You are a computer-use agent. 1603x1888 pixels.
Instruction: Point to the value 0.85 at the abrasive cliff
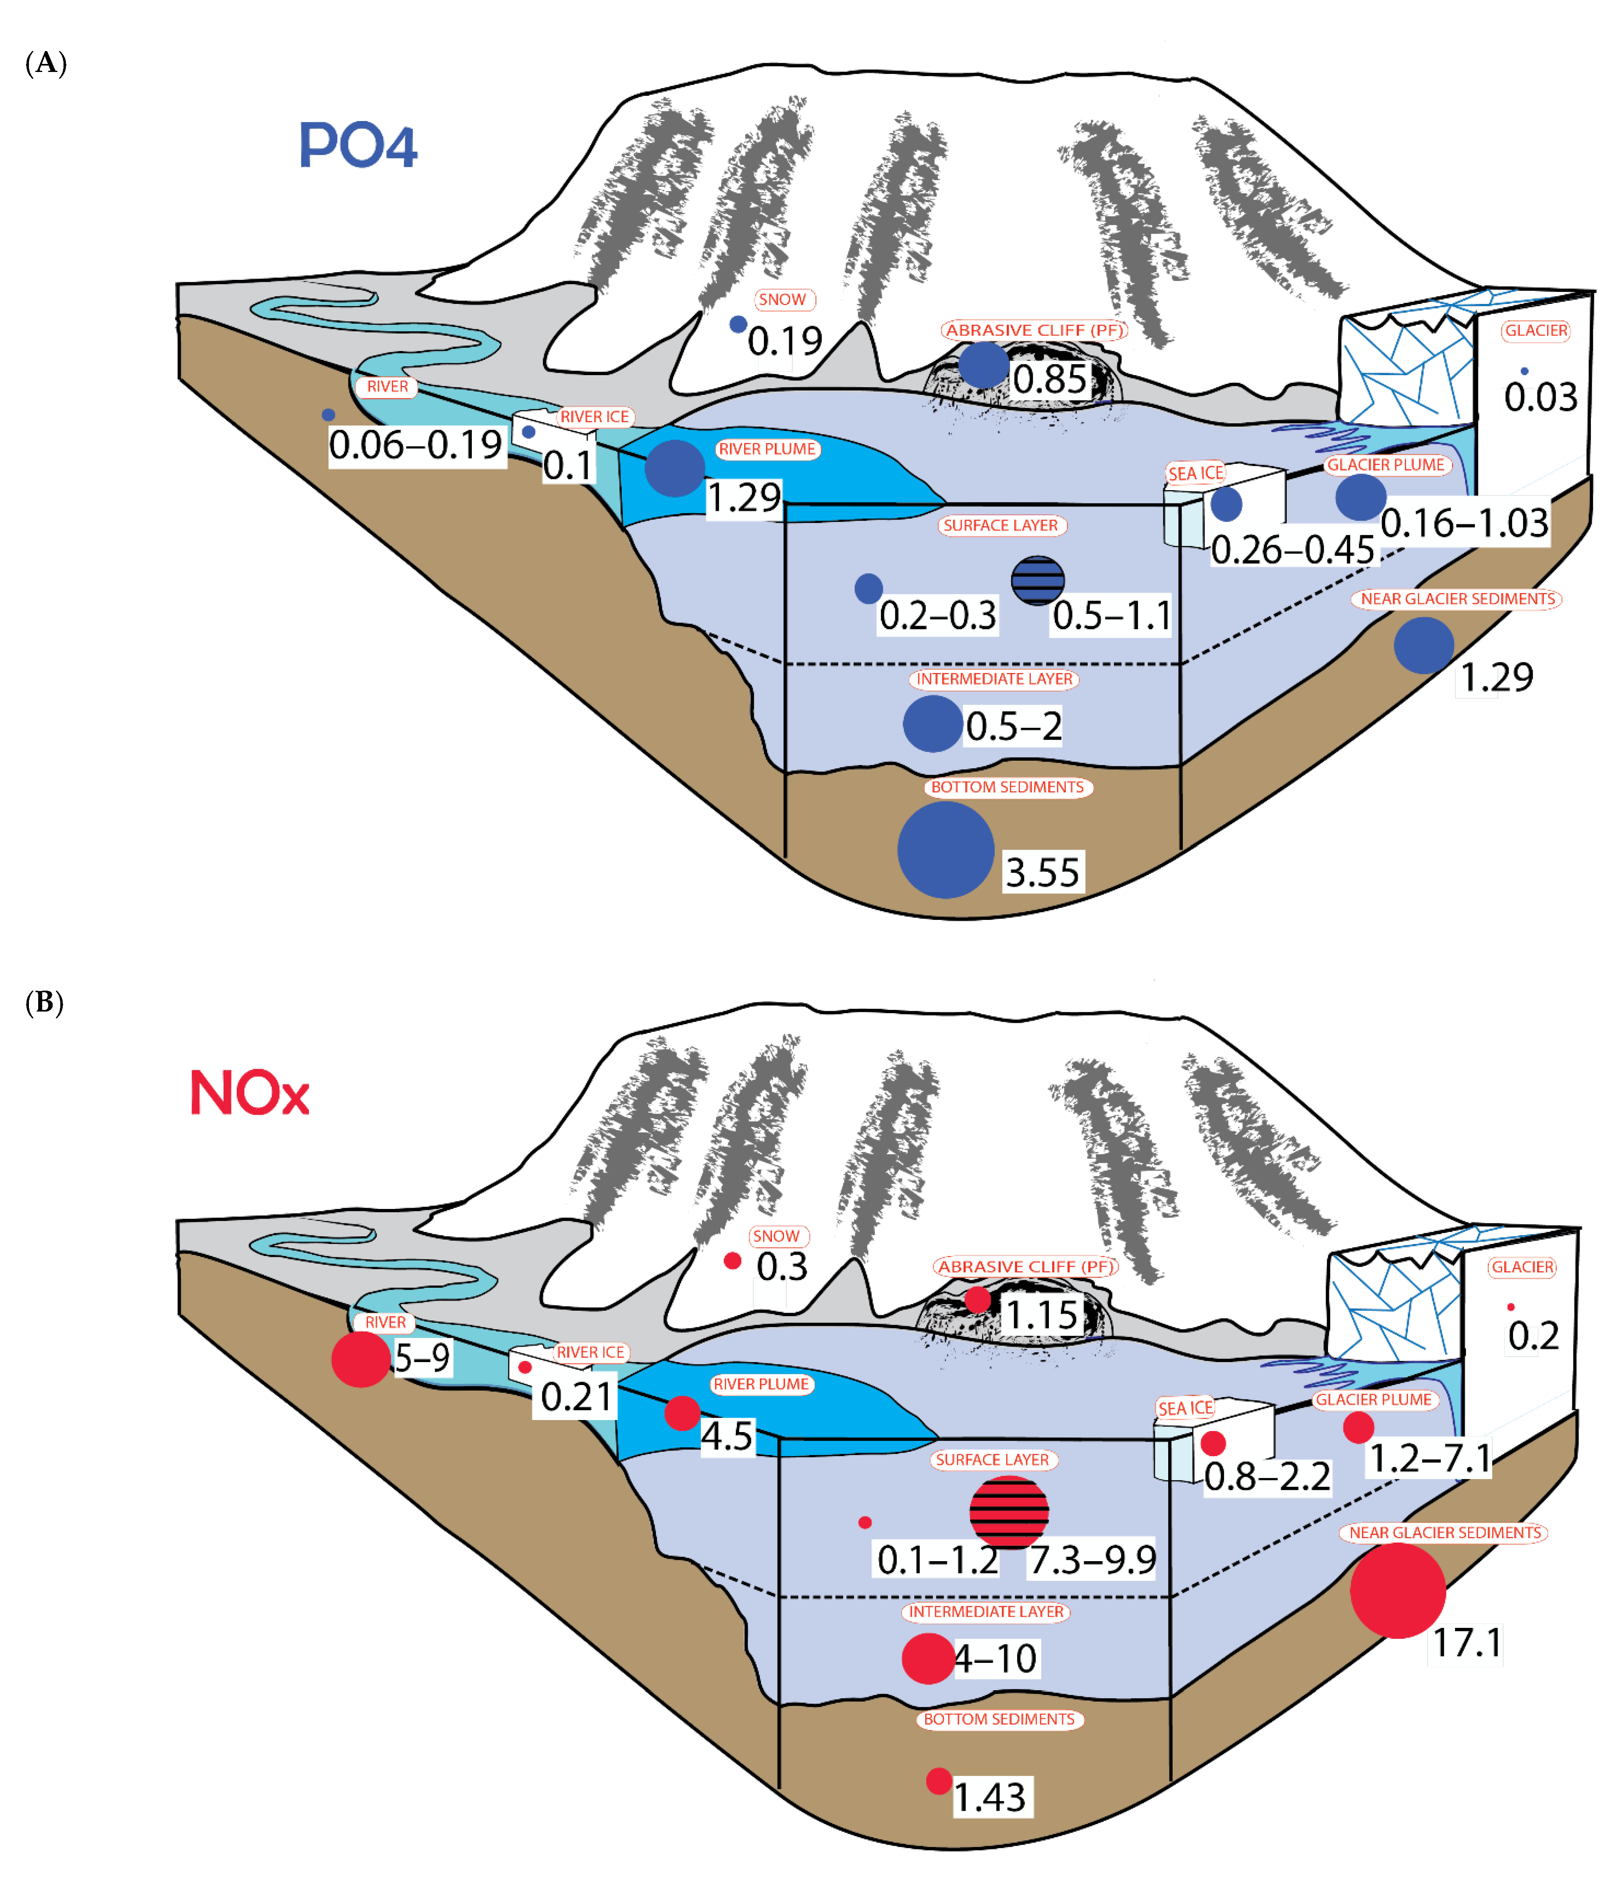[x=1050, y=379]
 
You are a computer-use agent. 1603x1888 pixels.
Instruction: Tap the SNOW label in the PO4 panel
[x=782, y=299]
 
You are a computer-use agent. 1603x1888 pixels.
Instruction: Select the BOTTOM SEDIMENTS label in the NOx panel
[x=999, y=1719]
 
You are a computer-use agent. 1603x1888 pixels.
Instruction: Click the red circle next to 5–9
[x=361, y=1359]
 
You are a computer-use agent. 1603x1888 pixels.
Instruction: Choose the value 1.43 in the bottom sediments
[x=990, y=1797]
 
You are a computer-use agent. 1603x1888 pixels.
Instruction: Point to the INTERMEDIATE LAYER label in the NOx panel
[x=986, y=1612]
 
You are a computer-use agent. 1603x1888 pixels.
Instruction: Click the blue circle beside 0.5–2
[x=932, y=724]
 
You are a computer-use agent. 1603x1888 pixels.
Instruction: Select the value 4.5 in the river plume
[x=727, y=1436]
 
